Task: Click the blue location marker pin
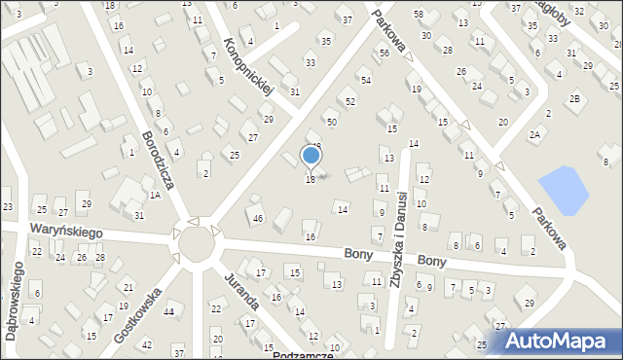(311, 156)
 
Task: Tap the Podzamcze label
(303, 355)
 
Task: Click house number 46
(257, 219)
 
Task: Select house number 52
(350, 101)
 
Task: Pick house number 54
(365, 80)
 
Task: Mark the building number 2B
(575, 98)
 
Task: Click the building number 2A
(534, 134)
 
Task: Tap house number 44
(168, 312)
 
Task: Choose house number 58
(419, 14)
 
